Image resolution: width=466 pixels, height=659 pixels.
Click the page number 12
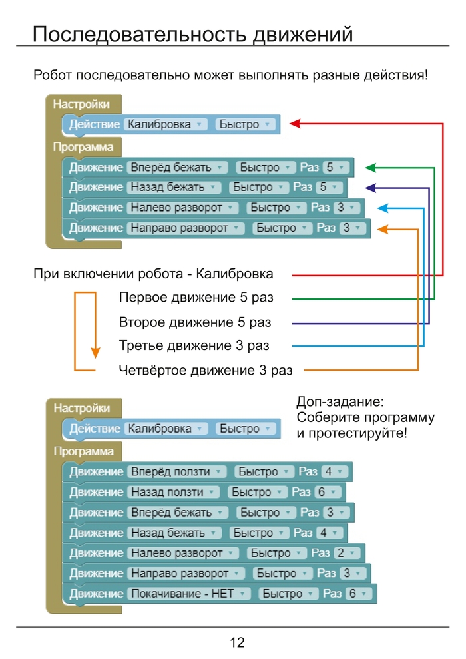pyautogui.click(x=237, y=642)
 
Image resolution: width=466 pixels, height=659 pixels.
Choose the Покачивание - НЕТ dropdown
pyautogui.click(x=188, y=594)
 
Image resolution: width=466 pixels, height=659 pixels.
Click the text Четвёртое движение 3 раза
pyautogui.click(x=206, y=370)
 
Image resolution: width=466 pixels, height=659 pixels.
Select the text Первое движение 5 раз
pyautogui.click(x=196, y=297)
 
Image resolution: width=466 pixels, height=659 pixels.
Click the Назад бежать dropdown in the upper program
pyautogui.click(x=174, y=187)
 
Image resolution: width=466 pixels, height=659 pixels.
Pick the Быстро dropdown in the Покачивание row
pyautogui.click(x=286, y=594)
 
